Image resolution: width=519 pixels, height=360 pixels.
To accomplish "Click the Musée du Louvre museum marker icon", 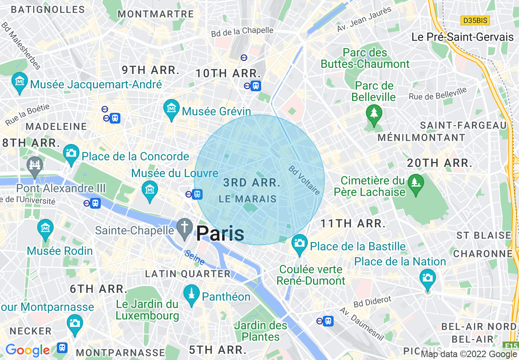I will click(x=149, y=189).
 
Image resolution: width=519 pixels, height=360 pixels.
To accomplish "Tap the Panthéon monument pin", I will click(x=191, y=294).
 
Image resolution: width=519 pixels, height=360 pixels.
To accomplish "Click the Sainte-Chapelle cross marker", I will click(x=185, y=227).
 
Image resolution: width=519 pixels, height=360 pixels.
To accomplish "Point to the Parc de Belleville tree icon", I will click(x=373, y=112).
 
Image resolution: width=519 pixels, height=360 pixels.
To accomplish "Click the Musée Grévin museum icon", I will click(x=171, y=108).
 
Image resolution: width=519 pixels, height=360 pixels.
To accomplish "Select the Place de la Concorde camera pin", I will click(x=71, y=153).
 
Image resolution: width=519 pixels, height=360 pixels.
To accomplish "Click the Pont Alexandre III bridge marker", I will click(x=35, y=166).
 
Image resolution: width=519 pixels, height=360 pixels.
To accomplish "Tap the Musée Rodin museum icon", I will click(x=45, y=228).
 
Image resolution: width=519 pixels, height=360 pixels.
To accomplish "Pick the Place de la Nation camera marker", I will click(x=428, y=278).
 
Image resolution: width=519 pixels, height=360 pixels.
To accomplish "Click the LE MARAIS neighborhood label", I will click(x=248, y=199).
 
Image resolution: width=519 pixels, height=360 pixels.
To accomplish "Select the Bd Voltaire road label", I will click(x=304, y=180).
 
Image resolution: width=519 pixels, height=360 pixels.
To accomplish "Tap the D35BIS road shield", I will click(x=475, y=20).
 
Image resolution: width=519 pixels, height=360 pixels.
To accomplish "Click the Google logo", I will click(x=27, y=350).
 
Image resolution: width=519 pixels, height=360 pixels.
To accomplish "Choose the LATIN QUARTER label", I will click(x=188, y=274).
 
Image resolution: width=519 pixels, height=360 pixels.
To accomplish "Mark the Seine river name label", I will click(x=194, y=258).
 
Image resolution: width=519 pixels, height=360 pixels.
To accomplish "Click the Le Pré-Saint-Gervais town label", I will click(x=463, y=37).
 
